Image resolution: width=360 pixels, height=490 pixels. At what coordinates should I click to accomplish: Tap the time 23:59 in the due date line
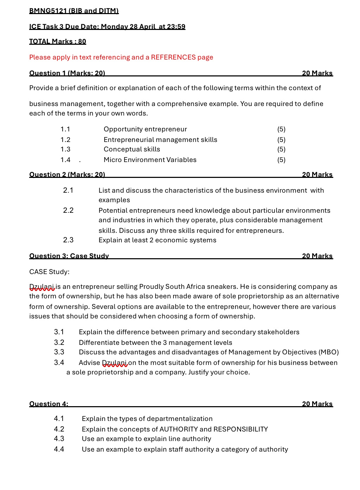tap(176, 27)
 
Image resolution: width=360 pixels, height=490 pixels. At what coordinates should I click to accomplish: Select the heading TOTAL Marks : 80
tap(57, 42)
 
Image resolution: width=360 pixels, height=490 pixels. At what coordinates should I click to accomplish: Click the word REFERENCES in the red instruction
tap(173, 57)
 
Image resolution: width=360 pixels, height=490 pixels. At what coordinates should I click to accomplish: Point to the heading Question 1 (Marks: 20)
tap(67, 73)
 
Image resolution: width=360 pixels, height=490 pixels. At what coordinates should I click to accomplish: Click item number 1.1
tap(65, 129)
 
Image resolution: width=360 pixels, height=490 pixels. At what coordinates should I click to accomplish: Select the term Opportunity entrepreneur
tap(145, 129)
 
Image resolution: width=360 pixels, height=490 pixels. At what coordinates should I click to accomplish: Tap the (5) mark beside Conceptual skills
tap(281, 149)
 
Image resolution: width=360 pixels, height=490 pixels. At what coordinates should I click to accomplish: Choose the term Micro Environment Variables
tap(150, 160)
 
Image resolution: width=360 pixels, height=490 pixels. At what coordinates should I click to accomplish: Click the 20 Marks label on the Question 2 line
tap(317, 175)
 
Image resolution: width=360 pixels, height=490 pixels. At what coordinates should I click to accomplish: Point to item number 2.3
tap(68, 240)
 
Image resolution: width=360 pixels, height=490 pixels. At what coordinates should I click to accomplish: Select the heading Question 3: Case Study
tap(69, 256)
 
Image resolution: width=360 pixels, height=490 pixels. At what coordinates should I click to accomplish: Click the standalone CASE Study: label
tap(49, 272)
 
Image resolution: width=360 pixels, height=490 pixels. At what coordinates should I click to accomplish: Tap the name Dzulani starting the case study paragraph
tap(42, 287)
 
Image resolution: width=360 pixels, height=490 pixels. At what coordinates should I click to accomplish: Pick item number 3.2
tap(59, 343)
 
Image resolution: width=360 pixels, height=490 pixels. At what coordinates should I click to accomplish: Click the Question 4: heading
tap(49, 404)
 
